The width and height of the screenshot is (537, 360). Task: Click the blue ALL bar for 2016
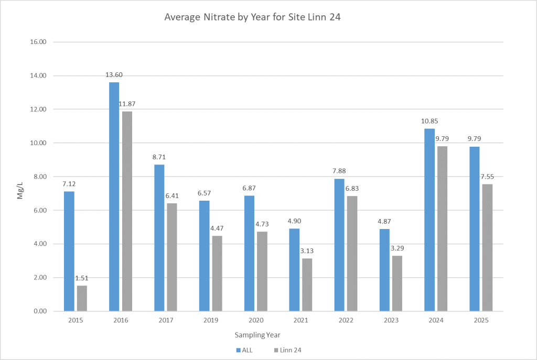pyautogui.click(x=114, y=197)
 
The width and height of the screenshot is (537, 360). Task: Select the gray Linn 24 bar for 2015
pyautogui.click(x=82, y=298)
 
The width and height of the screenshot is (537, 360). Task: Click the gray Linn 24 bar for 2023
pyautogui.click(x=397, y=283)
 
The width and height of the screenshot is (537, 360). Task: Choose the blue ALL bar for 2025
pyautogui.click(x=474, y=228)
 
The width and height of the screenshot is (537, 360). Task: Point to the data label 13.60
pyautogui.click(x=114, y=75)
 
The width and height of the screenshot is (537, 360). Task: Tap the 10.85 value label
pyautogui.click(x=429, y=121)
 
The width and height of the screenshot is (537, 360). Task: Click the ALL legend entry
pyautogui.click(x=244, y=350)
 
